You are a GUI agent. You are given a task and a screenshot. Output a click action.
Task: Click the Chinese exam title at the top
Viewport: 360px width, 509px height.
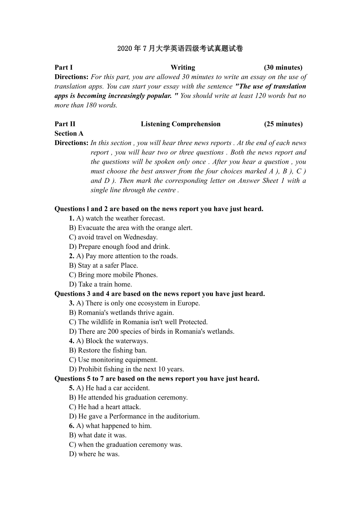tap(180, 48)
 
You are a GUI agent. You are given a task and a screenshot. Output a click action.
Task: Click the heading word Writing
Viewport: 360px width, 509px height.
tap(183, 67)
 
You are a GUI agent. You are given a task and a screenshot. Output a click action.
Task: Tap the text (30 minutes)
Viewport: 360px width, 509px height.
tap(283, 67)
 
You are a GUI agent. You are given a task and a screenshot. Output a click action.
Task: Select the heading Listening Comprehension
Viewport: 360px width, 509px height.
tap(180, 124)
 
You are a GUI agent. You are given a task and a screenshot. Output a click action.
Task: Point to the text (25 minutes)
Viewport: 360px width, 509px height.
tap(283, 124)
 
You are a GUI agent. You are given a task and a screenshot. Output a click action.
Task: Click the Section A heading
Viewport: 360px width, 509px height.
tap(69, 133)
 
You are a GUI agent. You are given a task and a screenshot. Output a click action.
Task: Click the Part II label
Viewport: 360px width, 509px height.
tap(65, 124)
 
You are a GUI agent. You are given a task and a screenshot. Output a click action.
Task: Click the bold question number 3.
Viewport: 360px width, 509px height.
tap(71, 303)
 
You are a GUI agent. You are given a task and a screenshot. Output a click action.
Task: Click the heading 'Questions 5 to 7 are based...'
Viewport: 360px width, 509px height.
tap(157, 379)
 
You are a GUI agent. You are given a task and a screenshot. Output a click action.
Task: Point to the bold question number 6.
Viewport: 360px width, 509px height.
tap(71, 426)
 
